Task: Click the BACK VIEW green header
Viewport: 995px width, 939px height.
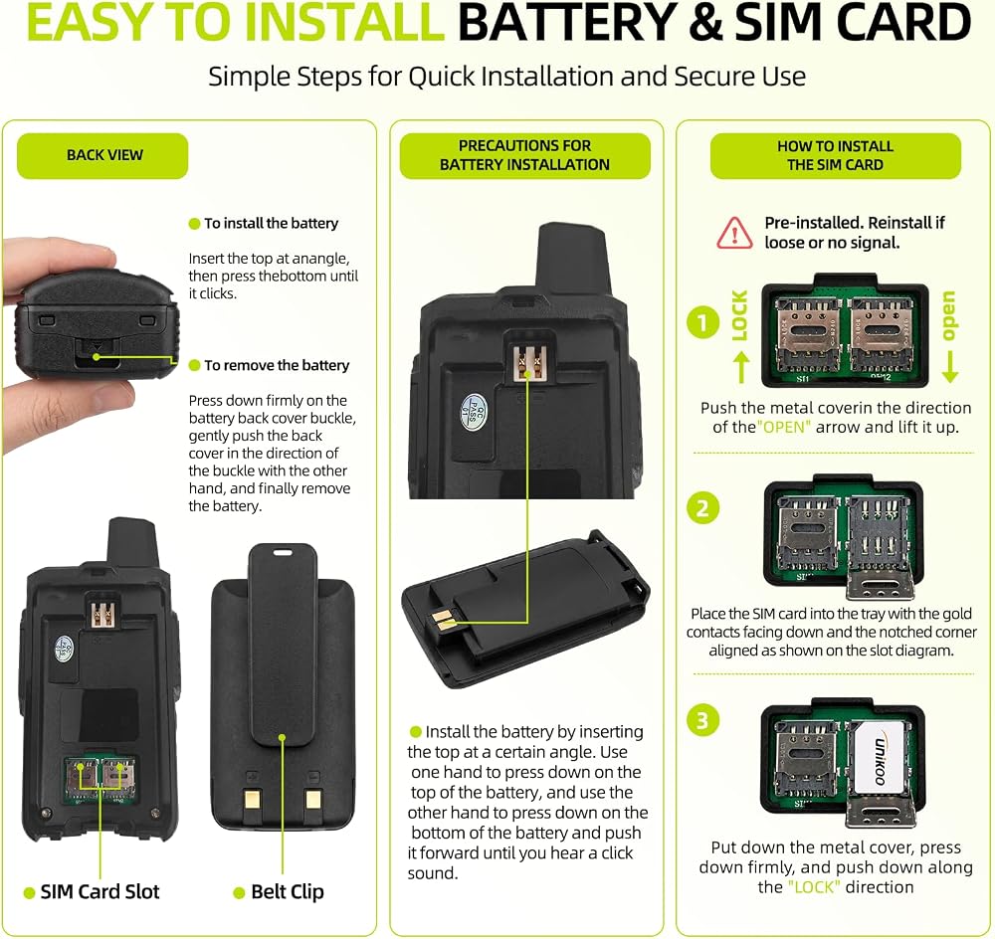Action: click(102, 155)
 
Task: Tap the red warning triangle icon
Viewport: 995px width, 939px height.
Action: click(735, 233)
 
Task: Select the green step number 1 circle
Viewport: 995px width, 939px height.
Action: click(702, 322)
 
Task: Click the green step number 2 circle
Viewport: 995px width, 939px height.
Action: click(702, 508)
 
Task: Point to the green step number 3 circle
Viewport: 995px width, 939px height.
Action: click(702, 721)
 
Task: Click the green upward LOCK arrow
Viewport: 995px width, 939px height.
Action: click(741, 367)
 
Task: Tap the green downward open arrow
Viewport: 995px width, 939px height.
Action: click(949, 367)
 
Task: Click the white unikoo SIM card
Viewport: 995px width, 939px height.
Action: click(879, 759)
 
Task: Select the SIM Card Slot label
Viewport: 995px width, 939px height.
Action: click(99, 891)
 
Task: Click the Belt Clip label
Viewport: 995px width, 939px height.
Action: click(288, 891)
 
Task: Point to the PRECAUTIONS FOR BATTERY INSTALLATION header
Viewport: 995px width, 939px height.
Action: click(524, 155)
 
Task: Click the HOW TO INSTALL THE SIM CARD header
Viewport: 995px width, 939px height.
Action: click(835, 155)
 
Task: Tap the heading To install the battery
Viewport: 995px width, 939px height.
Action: click(271, 224)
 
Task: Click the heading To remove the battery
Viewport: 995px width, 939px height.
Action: click(277, 365)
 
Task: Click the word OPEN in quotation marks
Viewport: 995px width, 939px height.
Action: click(784, 427)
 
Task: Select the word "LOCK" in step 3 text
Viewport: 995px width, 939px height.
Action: click(814, 887)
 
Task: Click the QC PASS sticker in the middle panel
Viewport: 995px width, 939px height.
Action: click(474, 413)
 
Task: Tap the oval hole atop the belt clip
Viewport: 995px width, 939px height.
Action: click(283, 552)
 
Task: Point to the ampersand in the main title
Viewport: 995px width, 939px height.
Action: click(705, 22)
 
